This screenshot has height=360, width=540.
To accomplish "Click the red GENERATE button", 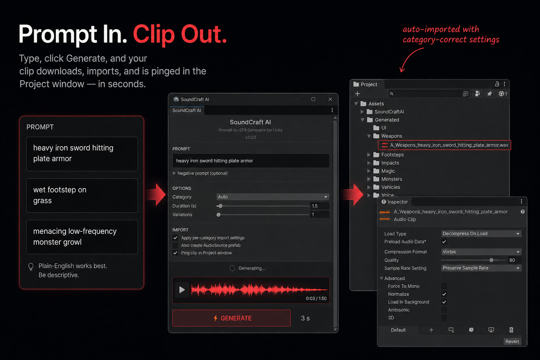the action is pyautogui.click(x=231, y=318).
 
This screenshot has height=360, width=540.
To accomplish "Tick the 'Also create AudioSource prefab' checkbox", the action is pyautogui.click(x=175, y=245).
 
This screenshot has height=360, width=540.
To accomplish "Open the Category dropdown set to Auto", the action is pyautogui.click(x=273, y=197).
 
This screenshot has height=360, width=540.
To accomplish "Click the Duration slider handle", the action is pyautogui.click(x=220, y=206).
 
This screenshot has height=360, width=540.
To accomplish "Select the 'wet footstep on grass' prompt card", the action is pyautogui.click(x=82, y=195).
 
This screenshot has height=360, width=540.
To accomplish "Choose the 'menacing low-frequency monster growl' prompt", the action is pyautogui.click(x=82, y=237).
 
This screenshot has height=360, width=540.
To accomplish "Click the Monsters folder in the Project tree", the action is pyautogui.click(x=391, y=179).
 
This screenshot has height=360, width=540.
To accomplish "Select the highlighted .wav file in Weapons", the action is pyautogui.click(x=444, y=145).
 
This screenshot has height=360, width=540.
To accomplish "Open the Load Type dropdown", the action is pyautogui.click(x=481, y=234).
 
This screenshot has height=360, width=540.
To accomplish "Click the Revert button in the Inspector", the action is pyautogui.click(x=512, y=342).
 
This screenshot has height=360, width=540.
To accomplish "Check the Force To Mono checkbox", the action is pyautogui.click(x=444, y=286).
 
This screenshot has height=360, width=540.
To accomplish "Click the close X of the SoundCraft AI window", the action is pyautogui.click(x=330, y=99).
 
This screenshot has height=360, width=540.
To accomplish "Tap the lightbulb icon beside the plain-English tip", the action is pyautogui.click(x=31, y=267).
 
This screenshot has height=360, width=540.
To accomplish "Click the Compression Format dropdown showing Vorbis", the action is pyautogui.click(x=481, y=252).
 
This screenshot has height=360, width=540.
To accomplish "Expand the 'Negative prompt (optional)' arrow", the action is pyautogui.click(x=174, y=173).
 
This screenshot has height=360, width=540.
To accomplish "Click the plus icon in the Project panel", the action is pyautogui.click(x=357, y=94).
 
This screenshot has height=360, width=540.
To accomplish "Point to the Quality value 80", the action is pyautogui.click(x=512, y=260).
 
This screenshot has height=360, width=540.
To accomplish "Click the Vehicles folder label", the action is pyautogui.click(x=391, y=187).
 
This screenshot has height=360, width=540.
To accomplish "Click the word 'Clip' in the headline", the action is pyautogui.click(x=154, y=35).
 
